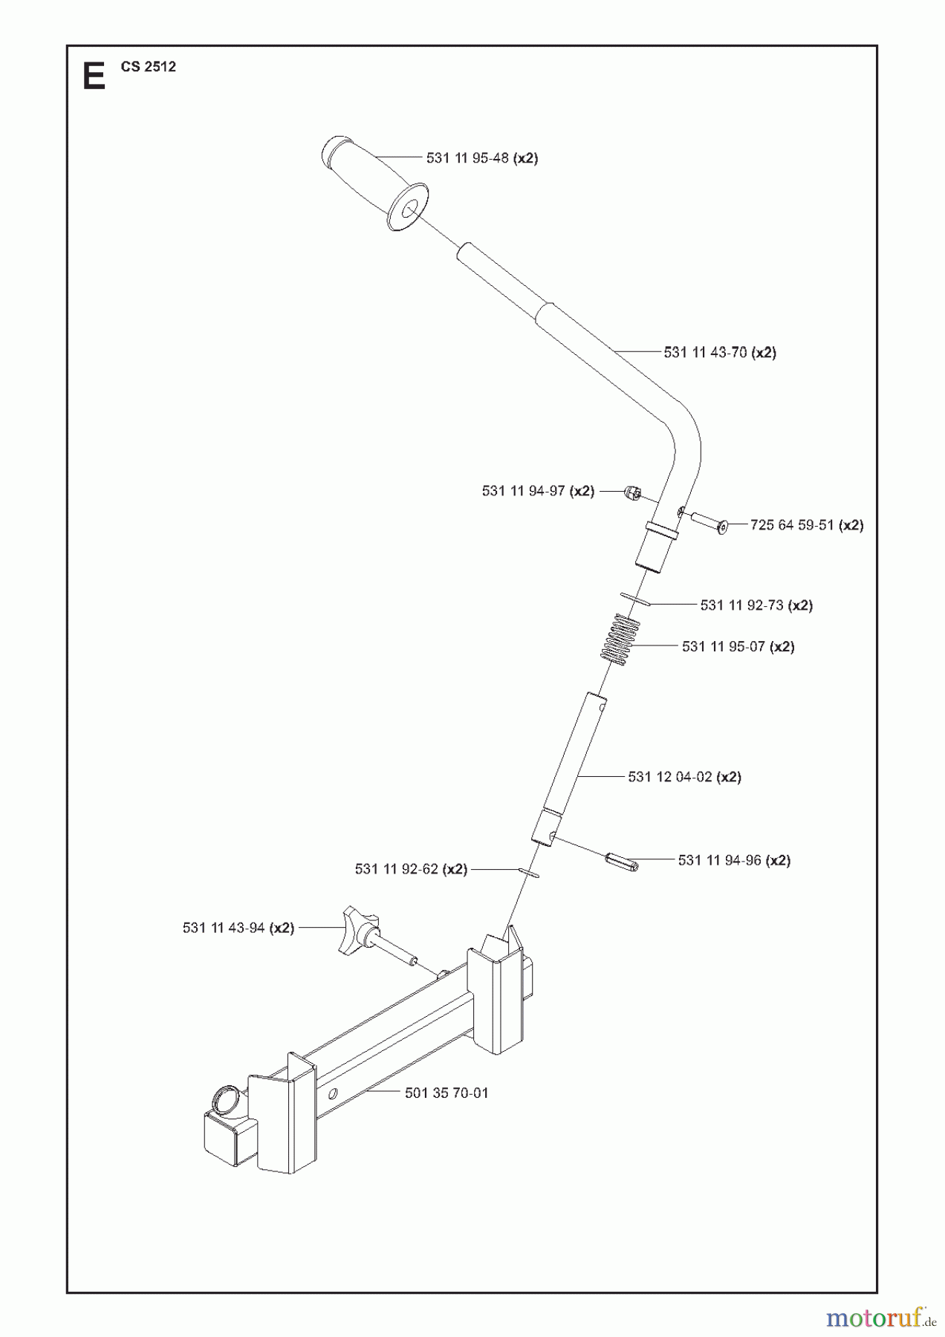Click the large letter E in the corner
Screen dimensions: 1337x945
point(94,77)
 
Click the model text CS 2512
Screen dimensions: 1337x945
point(149,67)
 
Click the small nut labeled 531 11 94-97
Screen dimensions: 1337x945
point(632,492)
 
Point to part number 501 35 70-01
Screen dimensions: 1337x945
point(446,1093)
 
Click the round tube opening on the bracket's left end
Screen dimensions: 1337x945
point(227,1097)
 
